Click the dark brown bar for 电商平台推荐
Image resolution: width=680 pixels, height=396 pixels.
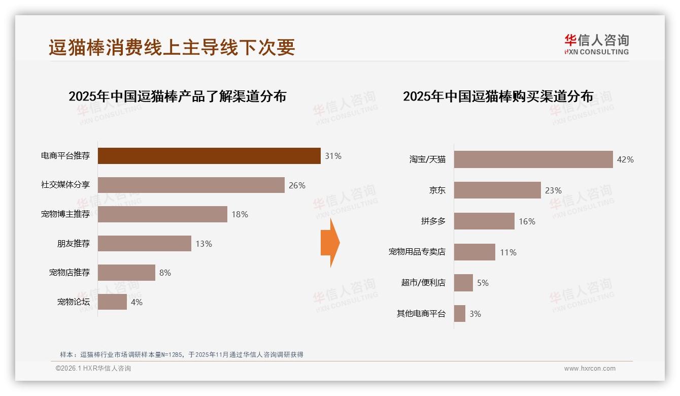pyautogui.click(x=209, y=156)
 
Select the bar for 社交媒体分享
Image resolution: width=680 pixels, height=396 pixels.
pyautogui.click(x=191, y=185)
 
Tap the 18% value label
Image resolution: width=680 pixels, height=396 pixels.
pyautogui.click(x=240, y=215)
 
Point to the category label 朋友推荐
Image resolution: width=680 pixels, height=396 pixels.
pyautogui.click(x=73, y=244)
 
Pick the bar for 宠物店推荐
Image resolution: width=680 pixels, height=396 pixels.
pyautogui.click(x=126, y=273)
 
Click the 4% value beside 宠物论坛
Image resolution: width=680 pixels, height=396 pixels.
pyautogui.click(x=137, y=302)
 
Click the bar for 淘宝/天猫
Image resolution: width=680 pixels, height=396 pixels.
pyautogui.click(x=533, y=159)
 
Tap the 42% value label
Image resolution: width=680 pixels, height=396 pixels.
pyautogui.click(x=625, y=159)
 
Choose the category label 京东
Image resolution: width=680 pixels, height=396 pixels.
pyautogui.click(x=437, y=190)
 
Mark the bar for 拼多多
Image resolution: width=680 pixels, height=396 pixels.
pyautogui.click(x=484, y=221)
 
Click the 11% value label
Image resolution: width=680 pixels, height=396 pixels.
pyautogui.click(x=508, y=252)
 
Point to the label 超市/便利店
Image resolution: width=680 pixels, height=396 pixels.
pyautogui.click(x=423, y=283)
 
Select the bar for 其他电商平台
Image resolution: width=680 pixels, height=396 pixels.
pyautogui.click(x=460, y=314)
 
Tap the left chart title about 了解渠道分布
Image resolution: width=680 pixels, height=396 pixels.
pyautogui.click(x=177, y=96)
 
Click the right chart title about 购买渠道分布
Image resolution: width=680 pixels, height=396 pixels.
pyautogui.click(x=498, y=96)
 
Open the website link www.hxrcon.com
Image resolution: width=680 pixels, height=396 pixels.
pyautogui.click(x=590, y=369)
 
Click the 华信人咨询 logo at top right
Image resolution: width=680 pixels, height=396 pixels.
pyautogui.click(x=596, y=44)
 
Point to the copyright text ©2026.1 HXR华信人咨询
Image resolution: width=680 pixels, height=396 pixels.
pyautogui.click(x=93, y=369)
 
